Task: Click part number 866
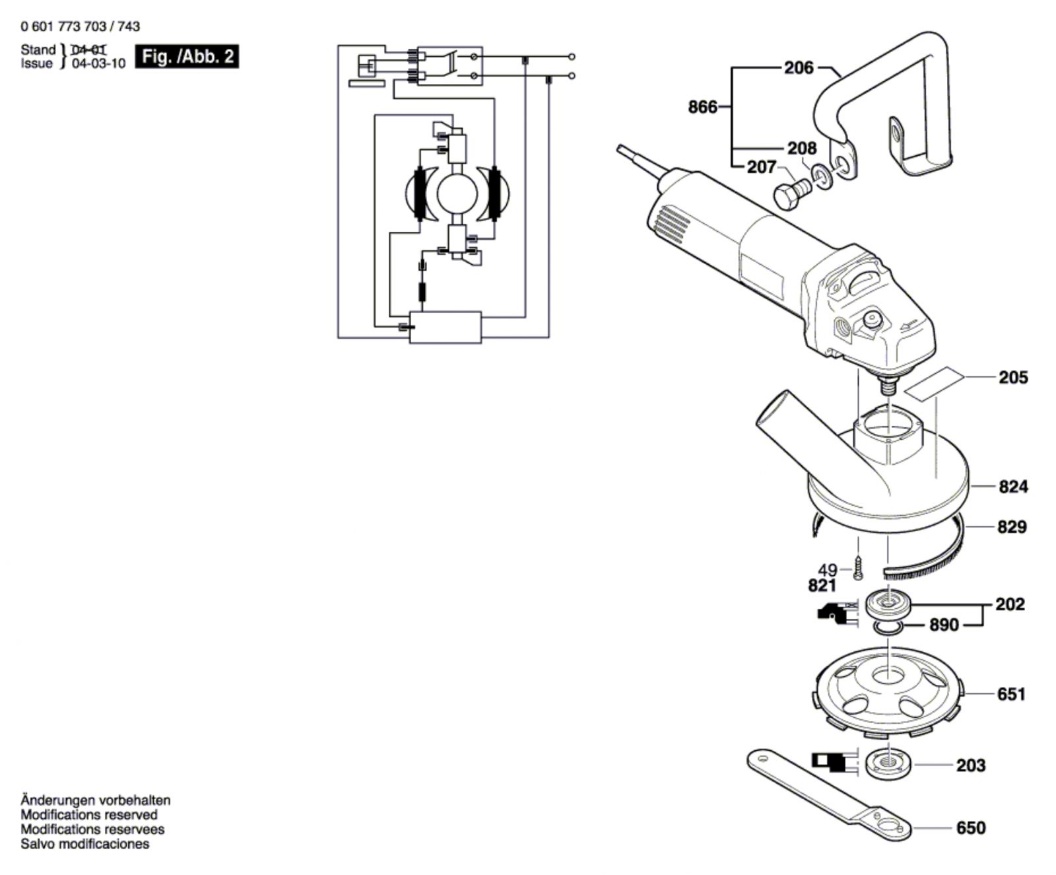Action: click(x=702, y=106)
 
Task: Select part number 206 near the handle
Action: click(x=799, y=67)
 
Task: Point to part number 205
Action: click(x=1013, y=377)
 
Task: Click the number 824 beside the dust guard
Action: click(x=1013, y=487)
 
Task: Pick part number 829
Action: click(x=1013, y=527)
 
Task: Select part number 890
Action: click(x=944, y=625)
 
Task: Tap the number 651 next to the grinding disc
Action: click(x=1011, y=694)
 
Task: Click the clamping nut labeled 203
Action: click(x=889, y=763)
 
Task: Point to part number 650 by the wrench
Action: click(x=970, y=827)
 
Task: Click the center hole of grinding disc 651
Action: click(x=887, y=677)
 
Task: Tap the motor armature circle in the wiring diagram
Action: click(x=457, y=193)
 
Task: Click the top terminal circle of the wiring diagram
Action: click(x=572, y=57)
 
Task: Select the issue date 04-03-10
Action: click(x=98, y=64)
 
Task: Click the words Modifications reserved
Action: click(x=89, y=815)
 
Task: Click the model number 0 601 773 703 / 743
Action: click(x=81, y=26)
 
